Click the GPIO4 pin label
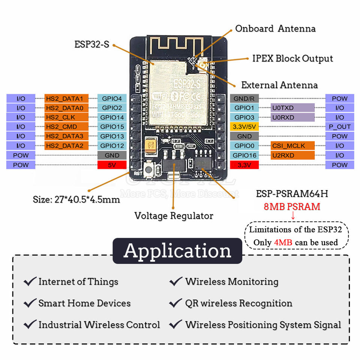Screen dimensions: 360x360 (112, 99)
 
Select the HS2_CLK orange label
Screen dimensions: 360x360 (66, 117)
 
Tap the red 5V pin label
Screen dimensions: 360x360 (112, 165)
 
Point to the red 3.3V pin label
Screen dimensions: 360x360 (244, 165)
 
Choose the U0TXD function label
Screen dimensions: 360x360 (292, 108)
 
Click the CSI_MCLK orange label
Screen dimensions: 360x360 (292, 146)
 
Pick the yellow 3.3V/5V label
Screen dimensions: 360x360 (244, 127)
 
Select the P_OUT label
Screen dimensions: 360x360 (339, 127)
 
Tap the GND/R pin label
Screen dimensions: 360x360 (244, 99)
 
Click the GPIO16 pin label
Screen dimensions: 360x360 (244, 155)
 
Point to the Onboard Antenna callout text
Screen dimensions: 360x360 (275, 29)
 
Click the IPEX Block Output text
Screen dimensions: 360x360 (292, 58)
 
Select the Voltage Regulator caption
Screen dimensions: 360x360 (174, 216)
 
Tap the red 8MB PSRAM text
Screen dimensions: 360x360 (292, 206)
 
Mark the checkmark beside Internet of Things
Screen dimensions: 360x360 (30, 281)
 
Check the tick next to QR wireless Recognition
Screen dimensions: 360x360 (176, 303)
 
